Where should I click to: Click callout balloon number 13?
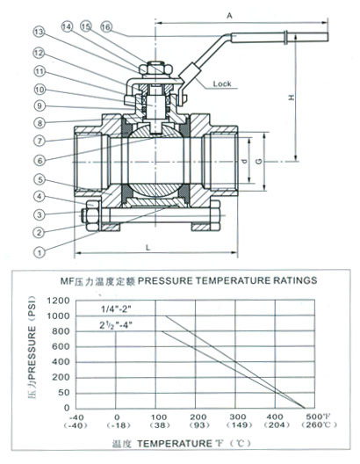(x=39, y=32)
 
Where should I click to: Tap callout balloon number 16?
(x=105, y=27)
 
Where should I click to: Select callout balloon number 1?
(x=40, y=252)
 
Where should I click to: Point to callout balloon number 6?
(x=40, y=161)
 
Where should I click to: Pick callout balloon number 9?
(x=40, y=105)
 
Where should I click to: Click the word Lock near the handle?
(x=222, y=83)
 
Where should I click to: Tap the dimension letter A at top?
(x=229, y=16)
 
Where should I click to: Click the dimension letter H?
(x=292, y=97)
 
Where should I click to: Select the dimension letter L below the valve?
(x=148, y=248)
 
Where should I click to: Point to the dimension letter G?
(x=259, y=162)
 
